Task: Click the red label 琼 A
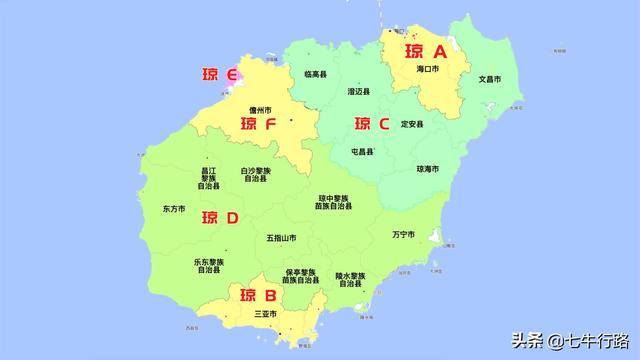[x=426, y=51]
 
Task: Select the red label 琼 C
[x=372, y=124]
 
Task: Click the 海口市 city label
[x=428, y=70]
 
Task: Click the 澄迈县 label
[x=359, y=91]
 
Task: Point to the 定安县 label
[x=412, y=124]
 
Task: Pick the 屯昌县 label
[x=362, y=152]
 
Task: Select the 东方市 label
[x=174, y=210]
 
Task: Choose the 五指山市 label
[x=281, y=238]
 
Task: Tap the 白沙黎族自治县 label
[x=255, y=175]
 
